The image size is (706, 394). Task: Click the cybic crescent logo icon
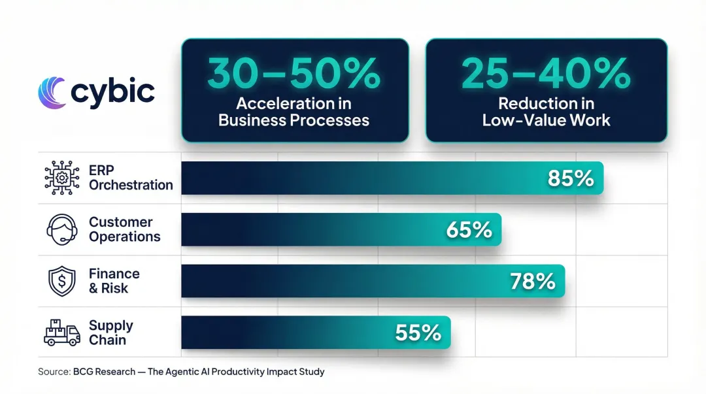[x=51, y=93]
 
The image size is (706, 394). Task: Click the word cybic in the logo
[x=112, y=92]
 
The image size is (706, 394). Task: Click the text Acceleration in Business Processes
[x=294, y=112]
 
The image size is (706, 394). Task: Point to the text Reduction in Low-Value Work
[x=546, y=112]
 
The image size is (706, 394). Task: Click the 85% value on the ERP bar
[x=571, y=178]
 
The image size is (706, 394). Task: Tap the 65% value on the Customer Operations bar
[x=469, y=230]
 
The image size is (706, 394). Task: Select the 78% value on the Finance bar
[x=532, y=281]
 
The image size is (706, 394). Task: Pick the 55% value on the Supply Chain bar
[x=418, y=333]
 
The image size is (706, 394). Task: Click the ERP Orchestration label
[x=131, y=178]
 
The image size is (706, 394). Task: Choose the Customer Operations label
[x=124, y=229]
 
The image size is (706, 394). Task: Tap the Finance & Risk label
[x=114, y=281]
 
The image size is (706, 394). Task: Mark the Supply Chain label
[x=111, y=333]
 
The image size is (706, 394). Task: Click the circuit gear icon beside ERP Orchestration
[x=61, y=178]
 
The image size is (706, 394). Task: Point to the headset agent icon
[x=61, y=229]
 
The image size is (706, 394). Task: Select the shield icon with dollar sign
[x=61, y=281]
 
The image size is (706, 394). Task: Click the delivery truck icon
[x=61, y=333]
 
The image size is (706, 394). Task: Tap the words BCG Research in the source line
[x=101, y=372]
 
